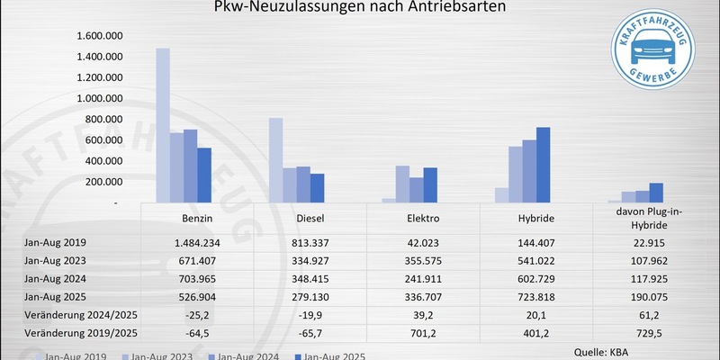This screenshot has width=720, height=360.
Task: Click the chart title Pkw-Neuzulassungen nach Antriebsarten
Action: tap(359, 8)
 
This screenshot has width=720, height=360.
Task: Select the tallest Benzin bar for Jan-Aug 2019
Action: tap(163, 126)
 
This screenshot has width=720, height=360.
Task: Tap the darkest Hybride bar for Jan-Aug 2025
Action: tap(543, 166)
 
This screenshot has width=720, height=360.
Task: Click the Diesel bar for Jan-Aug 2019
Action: tap(275, 161)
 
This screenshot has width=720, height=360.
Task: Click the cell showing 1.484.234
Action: tap(196, 243)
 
